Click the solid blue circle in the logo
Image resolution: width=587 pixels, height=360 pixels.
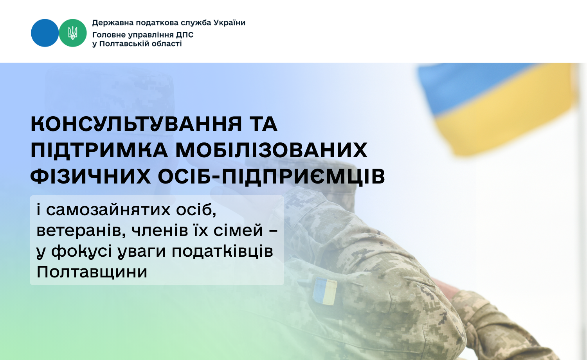coord(45,33)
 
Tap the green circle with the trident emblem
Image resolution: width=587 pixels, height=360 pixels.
coord(72,33)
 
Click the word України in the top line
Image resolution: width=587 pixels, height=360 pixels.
coord(230,23)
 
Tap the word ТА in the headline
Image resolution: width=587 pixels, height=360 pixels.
coord(264,124)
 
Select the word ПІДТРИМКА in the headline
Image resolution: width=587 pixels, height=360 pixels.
coord(99,150)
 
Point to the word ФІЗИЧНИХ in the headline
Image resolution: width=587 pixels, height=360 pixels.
coord(91,176)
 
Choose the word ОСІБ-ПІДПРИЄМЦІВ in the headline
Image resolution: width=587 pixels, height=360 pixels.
coord(272,177)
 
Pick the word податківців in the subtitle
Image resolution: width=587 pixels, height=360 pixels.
coord(223,252)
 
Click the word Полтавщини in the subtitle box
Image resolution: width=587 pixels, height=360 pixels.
coord(92,272)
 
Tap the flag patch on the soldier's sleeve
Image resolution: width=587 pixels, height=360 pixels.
coord(325,292)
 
